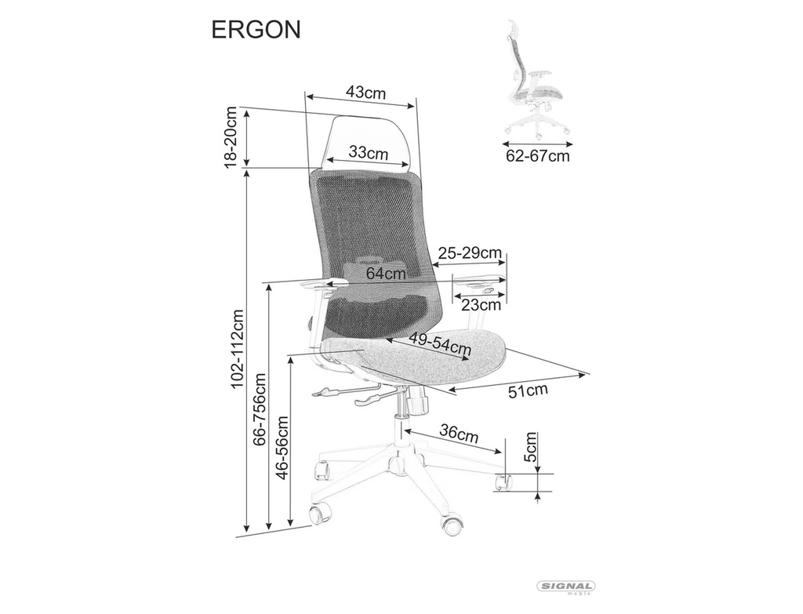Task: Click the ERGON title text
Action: coord(256,30)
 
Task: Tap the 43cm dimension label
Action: coord(365,93)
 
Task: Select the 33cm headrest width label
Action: coord(369,152)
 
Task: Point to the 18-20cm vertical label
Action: coord(231,136)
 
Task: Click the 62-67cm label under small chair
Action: coord(538,155)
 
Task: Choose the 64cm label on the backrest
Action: coord(386,274)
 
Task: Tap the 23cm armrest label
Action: coord(481,305)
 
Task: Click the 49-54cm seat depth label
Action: coord(440,343)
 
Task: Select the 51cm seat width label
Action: coord(528,391)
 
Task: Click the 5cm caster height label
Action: coord(532,446)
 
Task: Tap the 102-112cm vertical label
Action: coord(237,348)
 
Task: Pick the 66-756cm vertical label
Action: coord(260,409)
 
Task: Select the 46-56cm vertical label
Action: coord(282,446)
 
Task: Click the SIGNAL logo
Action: coord(565,587)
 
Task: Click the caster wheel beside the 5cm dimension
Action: coord(504,482)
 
